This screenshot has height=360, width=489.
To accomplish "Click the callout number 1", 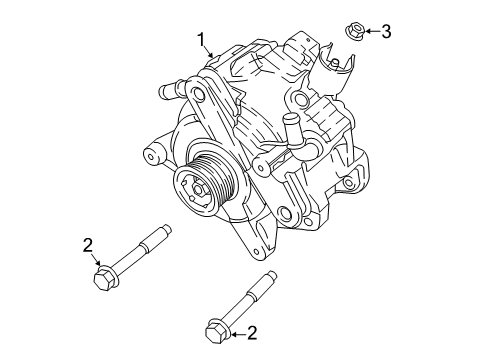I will coord(202,40).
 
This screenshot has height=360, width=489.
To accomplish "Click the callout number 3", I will coord(386,32).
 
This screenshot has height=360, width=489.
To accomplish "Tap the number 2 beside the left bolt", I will coord(88,244).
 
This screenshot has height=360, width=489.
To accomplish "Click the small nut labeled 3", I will coord(355,31).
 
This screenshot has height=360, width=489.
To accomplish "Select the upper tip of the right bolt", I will coord(268,276).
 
